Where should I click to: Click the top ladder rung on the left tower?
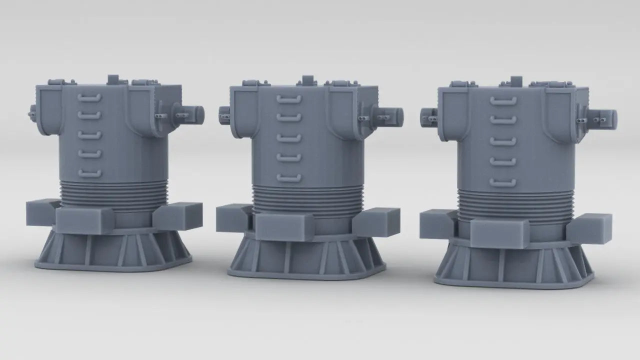(89, 97)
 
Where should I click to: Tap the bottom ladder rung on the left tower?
(89, 173)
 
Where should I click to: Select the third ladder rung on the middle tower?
(289, 138)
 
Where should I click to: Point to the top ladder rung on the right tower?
(503, 100)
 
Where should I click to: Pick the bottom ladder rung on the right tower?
(503, 182)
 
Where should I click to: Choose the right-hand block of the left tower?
(178, 215)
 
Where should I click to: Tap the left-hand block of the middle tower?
(232, 218)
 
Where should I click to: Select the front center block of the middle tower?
(283, 227)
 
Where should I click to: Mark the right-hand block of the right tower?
(590, 228)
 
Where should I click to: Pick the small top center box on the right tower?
(516, 81)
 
